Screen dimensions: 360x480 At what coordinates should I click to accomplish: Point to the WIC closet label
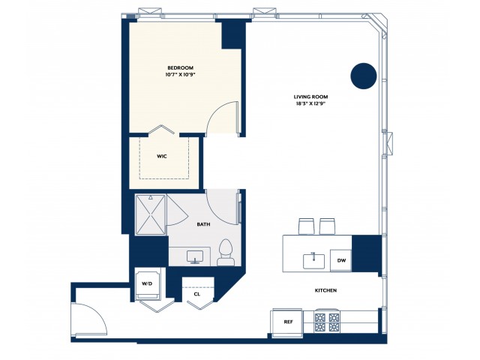click(x=161, y=157)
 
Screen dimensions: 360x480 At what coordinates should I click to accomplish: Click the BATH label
click(x=202, y=224)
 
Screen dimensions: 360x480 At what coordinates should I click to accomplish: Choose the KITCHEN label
click(x=325, y=290)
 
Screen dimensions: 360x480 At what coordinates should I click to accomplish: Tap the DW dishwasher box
click(x=341, y=260)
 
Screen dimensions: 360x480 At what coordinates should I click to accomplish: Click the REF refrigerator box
click(x=287, y=321)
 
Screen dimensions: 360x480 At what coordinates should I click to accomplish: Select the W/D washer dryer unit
click(x=147, y=283)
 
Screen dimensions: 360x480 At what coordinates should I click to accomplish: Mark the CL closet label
click(x=196, y=294)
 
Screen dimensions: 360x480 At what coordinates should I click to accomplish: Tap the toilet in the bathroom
click(x=225, y=253)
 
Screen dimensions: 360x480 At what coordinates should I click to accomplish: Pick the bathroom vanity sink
click(x=196, y=256)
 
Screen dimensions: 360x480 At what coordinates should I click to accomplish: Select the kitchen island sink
click(x=313, y=260)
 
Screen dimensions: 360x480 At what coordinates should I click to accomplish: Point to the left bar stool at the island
click(x=305, y=226)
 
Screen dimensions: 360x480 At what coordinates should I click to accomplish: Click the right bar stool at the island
click(x=327, y=226)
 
